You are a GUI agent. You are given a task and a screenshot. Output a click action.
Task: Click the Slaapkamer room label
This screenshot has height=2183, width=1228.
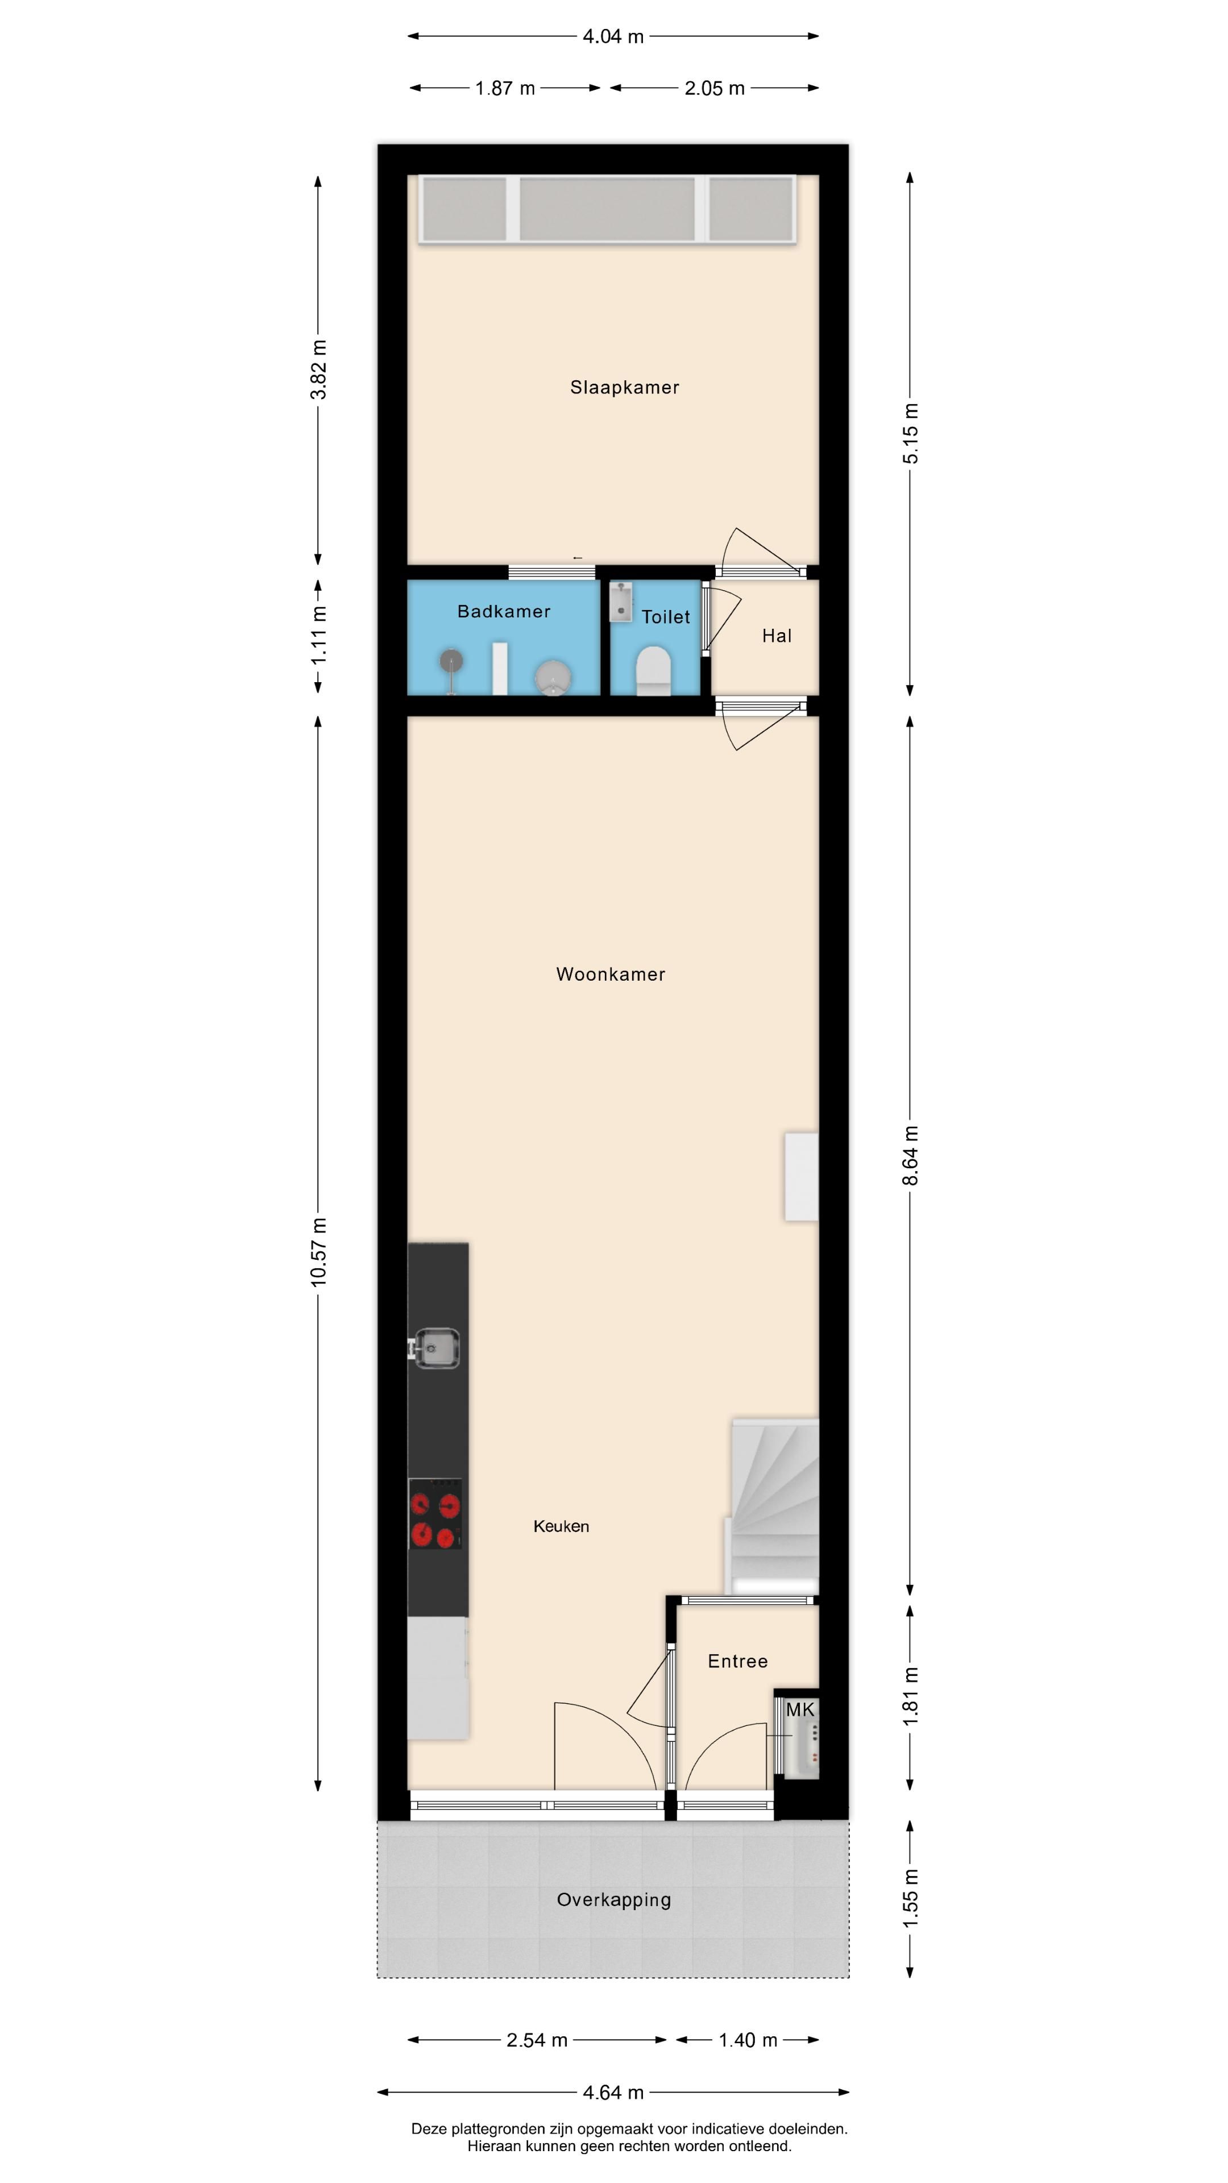(x=624, y=387)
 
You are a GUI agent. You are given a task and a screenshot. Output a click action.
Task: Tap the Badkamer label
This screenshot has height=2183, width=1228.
(x=503, y=611)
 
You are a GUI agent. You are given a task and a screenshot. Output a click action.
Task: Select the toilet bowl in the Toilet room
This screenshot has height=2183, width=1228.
(x=653, y=670)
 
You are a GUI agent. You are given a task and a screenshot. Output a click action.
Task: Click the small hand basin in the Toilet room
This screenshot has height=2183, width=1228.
(x=621, y=599)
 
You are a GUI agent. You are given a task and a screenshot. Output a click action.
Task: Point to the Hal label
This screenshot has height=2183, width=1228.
(x=776, y=636)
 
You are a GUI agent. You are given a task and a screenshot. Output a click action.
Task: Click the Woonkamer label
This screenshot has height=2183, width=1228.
(x=610, y=974)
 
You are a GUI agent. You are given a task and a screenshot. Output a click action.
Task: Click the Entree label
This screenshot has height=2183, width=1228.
(x=737, y=1661)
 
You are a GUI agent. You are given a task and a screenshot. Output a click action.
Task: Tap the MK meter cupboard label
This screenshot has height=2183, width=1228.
(x=799, y=1710)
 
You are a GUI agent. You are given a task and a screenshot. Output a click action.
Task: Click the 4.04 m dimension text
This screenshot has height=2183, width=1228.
(x=613, y=36)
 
